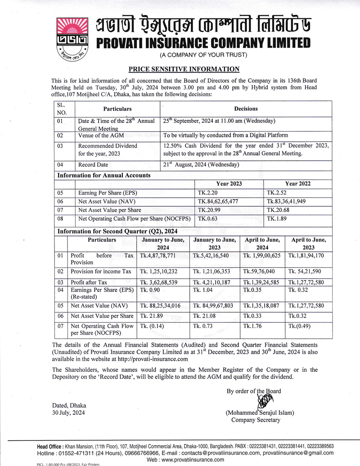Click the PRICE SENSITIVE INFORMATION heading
click(184, 69)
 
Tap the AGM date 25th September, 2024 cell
click(219, 121)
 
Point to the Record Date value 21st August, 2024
click(201, 165)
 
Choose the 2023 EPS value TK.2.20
click(207, 193)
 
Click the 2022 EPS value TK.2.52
click(276, 193)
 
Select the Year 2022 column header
click(298, 184)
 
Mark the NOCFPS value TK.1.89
click(277, 219)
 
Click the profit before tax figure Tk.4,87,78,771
click(161, 255)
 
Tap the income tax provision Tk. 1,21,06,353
click(214, 271)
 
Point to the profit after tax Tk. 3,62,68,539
click(162, 282)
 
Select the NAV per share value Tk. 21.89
click(153, 316)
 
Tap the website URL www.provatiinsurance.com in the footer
click(185, 459)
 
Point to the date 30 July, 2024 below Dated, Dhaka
click(68, 412)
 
